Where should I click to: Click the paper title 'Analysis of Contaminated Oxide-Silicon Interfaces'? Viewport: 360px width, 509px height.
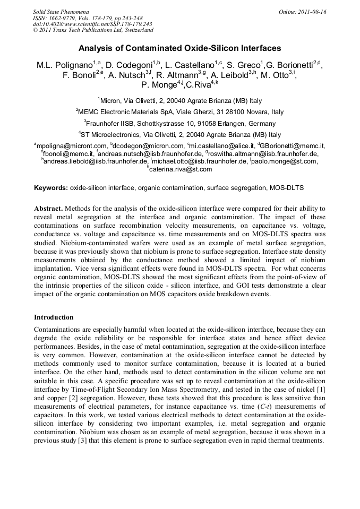coord(179,48)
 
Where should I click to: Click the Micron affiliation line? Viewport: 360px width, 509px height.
coord(179,101)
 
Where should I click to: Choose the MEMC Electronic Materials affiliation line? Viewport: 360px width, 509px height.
coord(179,113)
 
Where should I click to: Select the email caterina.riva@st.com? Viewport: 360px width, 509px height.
coord(180,169)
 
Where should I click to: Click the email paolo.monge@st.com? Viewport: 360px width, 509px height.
coord(289,161)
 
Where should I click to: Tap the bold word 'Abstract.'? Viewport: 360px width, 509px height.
coord(49,209)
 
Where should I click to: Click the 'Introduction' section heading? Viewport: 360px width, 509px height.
coord(54,317)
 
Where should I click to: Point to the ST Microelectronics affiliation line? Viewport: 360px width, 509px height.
coord(179,135)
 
